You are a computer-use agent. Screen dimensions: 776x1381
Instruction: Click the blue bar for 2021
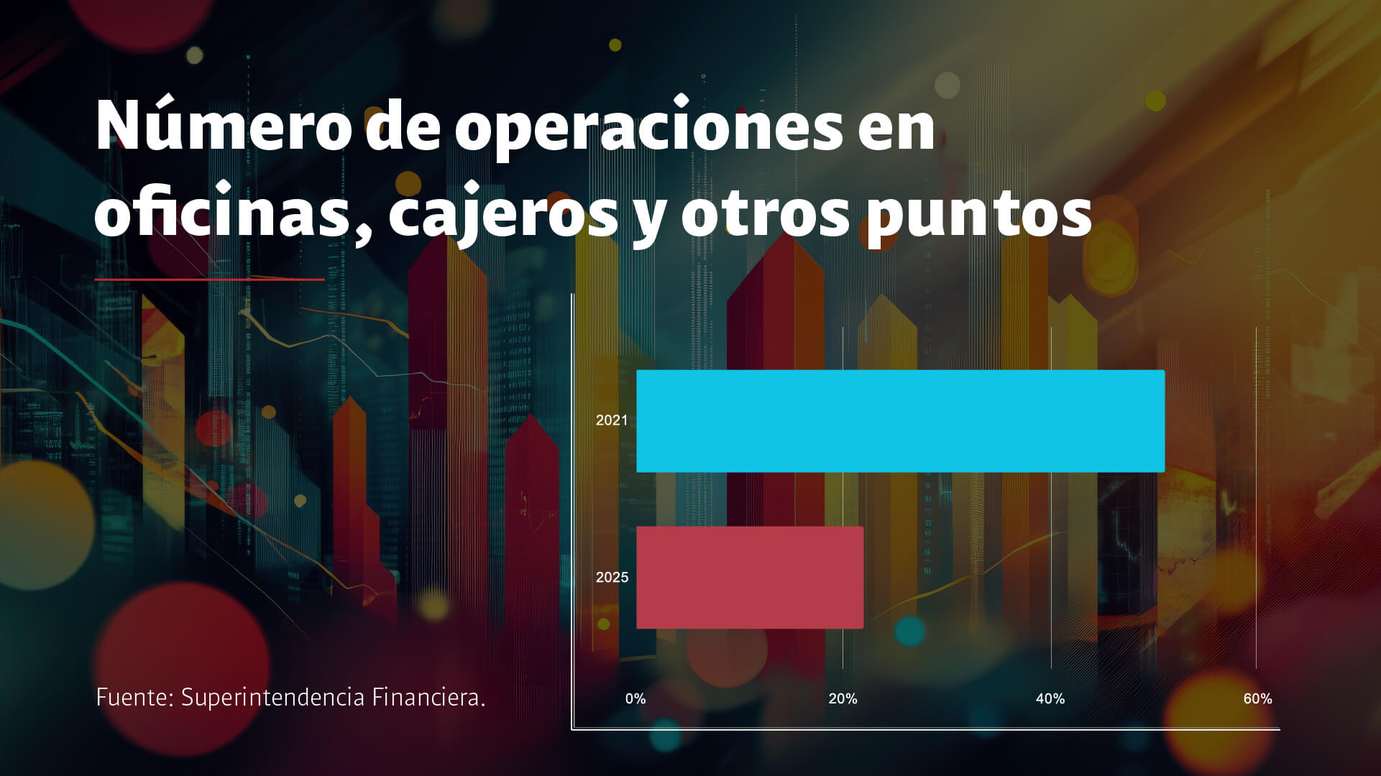(x=900, y=421)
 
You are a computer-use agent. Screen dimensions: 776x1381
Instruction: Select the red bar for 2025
(x=750, y=578)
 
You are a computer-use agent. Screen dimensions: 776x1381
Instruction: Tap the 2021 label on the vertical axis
(x=612, y=420)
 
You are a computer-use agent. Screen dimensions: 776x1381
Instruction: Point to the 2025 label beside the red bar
(x=612, y=577)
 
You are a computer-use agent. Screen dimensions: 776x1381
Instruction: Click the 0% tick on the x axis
(x=636, y=698)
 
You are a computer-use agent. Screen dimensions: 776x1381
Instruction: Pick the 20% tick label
(x=843, y=698)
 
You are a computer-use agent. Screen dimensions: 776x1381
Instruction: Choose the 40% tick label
(x=1050, y=698)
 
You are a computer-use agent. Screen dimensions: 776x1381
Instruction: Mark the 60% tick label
(x=1257, y=698)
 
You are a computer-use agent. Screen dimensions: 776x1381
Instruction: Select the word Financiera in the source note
(x=428, y=697)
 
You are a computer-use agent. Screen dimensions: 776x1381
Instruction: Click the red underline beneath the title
(x=209, y=279)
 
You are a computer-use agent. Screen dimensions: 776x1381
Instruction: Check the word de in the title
(x=403, y=126)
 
